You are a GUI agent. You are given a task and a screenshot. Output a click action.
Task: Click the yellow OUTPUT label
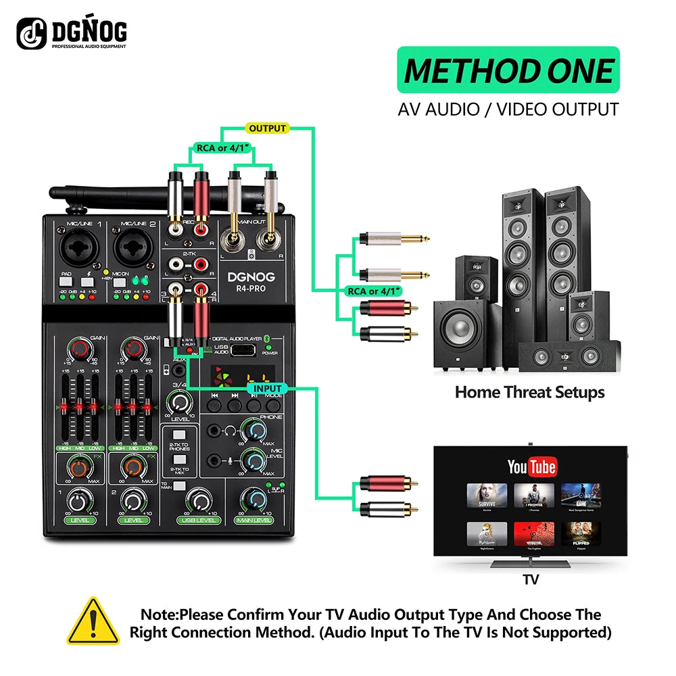pos(268,128)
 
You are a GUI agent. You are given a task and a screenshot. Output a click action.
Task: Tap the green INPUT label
pos(268,389)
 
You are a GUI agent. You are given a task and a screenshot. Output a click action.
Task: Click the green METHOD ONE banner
pos(508,71)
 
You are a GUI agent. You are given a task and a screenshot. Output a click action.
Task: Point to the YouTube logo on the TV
pos(531,466)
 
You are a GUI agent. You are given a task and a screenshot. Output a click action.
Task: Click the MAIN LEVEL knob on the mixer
pos(254,500)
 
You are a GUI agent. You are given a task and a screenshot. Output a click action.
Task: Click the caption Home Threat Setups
pos(529,392)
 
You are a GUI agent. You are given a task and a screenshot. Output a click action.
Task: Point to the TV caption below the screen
pos(531,579)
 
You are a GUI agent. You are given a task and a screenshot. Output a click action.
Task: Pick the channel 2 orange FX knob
pos(134,468)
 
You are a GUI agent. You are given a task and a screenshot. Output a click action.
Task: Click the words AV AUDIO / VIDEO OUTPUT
pos(508,109)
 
